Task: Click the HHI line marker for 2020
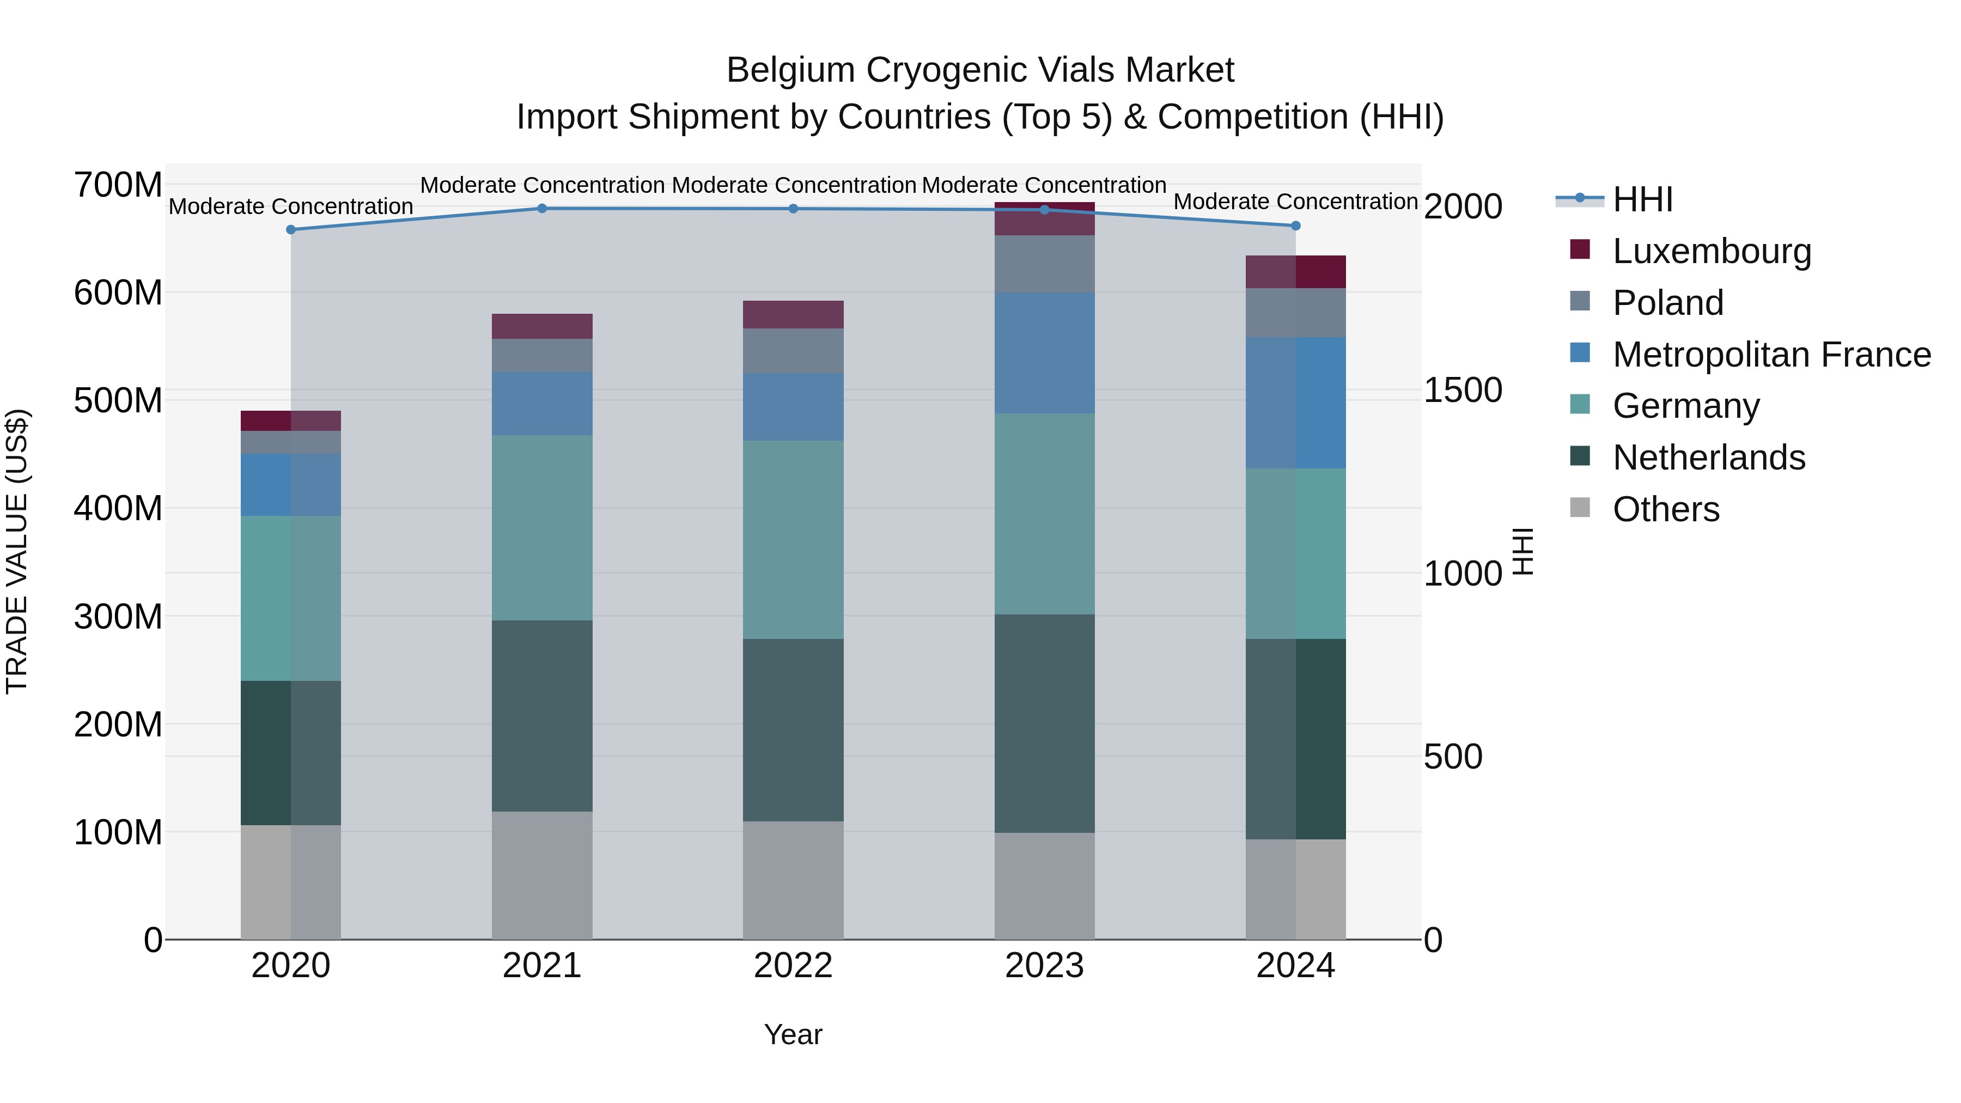291,230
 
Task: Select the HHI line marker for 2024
1296,226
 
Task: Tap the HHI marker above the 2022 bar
793,209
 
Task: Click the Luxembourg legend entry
1712,251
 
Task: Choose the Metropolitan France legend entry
1771,355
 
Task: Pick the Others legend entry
1666,509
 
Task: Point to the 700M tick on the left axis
118,185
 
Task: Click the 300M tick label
118,617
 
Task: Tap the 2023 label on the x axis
1044,966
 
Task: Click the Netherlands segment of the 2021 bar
542,716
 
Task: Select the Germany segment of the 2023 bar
1044,514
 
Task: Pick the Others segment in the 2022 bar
793,880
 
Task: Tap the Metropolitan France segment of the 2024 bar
1296,403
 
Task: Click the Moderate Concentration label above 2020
291,206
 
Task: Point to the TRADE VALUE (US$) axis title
17,551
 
